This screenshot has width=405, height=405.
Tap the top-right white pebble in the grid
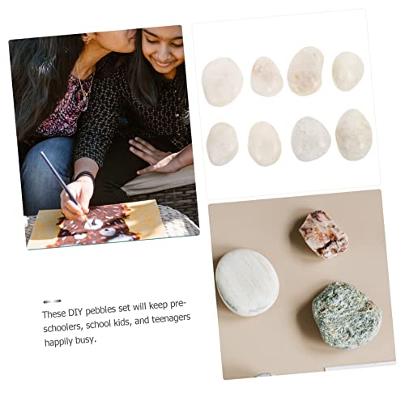(x=347, y=71)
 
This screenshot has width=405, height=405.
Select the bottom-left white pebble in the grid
(x=222, y=143)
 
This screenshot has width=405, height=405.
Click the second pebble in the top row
(x=266, y=77)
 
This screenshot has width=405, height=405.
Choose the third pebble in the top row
(x=305, y=71)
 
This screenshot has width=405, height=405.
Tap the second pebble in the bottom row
(x=264, y=143)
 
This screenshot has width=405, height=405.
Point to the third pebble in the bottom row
(x=310, y=139)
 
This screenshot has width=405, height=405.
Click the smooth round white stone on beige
(x=247, y=282)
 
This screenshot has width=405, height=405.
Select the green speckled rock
(x=346, y=314)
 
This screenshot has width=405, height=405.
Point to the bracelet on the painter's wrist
(x=83, y=175)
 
